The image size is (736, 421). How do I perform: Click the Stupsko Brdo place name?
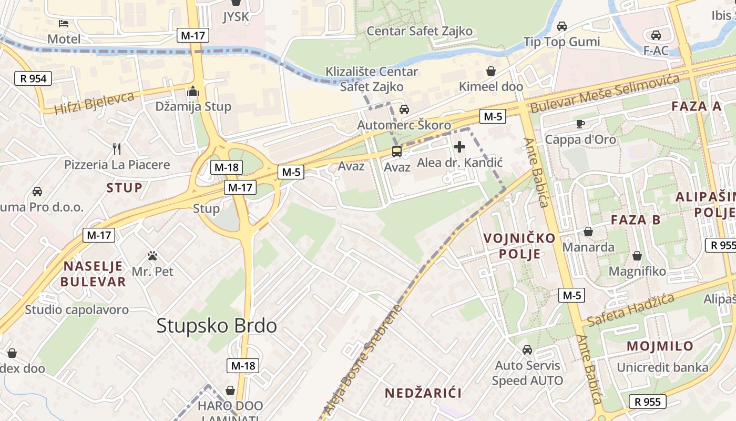pos(217,326)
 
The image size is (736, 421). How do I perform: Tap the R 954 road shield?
pos(34,79)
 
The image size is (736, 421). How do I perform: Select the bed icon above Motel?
pos(64,24)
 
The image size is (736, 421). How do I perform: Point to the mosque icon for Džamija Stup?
pos(193,92)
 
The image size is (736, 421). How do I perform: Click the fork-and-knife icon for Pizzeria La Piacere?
pos(117,149)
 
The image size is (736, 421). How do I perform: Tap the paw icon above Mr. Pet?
pos(152,256)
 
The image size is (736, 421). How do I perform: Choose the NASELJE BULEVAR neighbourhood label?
pos(93,274)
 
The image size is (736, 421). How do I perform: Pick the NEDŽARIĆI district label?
pos(423,393)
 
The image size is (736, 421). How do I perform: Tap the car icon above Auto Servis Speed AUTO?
pos(527,350)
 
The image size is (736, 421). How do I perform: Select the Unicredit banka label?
pos(662,367)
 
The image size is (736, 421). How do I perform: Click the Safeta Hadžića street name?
pos(631,310)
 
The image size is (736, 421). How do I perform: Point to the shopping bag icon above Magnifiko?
pos(637,256)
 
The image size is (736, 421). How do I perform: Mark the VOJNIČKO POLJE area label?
pos(519,246)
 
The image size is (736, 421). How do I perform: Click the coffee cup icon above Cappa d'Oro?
pos(580,124)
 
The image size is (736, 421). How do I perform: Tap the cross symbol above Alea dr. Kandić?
pos(459,147)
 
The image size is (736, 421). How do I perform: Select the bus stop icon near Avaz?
pos(397,152)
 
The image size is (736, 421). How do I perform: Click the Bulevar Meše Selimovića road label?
pos(605,94)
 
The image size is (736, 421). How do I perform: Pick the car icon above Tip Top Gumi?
pos(561,26)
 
